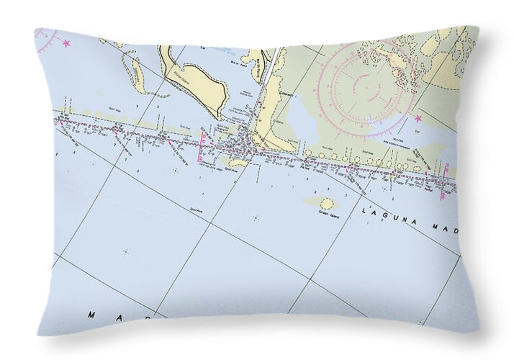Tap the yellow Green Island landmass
coord(321,203)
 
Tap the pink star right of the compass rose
coord(418,117)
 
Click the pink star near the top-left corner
coord(67,44)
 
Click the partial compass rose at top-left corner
coord(47,36)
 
